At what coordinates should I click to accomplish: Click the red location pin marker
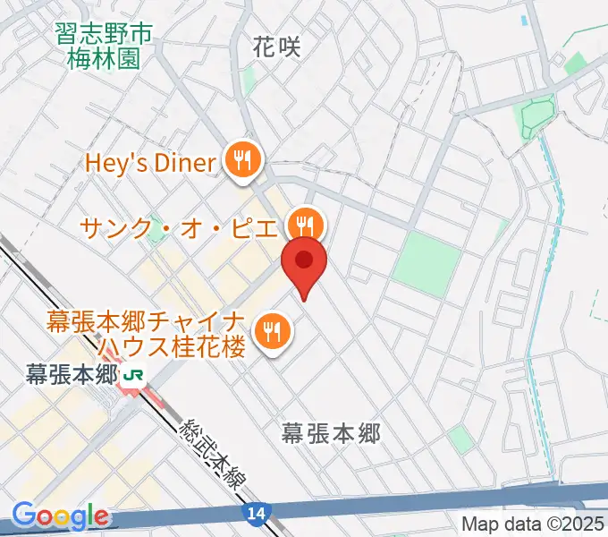[x=304, y=262]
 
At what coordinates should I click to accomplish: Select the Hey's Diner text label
[x=150, y=163]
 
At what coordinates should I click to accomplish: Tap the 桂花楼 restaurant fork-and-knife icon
[x=269, y=332]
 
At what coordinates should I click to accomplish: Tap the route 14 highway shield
[x=253, y=511]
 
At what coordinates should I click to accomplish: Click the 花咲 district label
[x=276, y=47]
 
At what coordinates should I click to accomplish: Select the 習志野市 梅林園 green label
[x=104, y=47]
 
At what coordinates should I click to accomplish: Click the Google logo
[x=60, y=516]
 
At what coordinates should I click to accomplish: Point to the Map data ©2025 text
[x=533, y=524]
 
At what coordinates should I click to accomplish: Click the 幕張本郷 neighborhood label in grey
[x=331, y=435]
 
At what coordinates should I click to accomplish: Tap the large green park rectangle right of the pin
[x=426, y=260]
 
